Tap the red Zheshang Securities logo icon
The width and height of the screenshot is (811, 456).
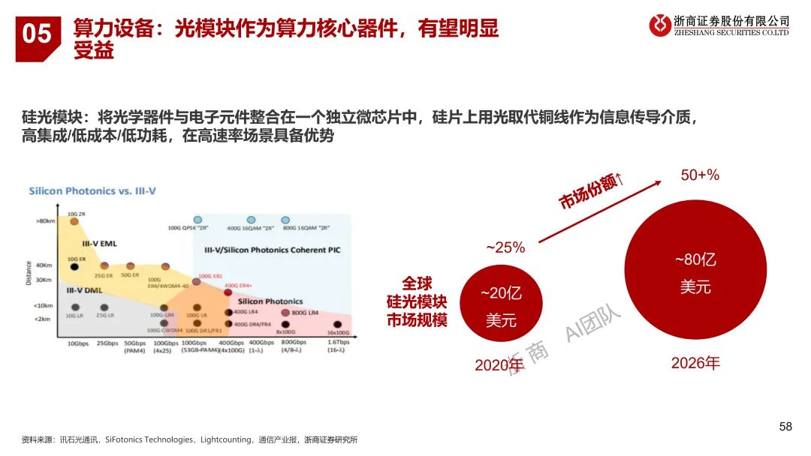[x=660, y=25]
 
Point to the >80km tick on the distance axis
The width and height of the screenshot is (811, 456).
[x=44, y=222]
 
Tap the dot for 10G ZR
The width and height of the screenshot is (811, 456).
[x=74, y=222]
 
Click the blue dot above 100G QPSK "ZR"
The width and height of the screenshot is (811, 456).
[x=197, y=219]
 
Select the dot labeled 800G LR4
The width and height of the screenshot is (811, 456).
[x=285, y=312]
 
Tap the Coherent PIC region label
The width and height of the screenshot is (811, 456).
[x=272, y=250]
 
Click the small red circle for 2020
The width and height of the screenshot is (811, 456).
[x=500, y=307]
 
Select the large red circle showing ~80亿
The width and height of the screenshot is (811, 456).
[x=695, y=273]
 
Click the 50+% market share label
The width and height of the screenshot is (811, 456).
[x=700, y=175]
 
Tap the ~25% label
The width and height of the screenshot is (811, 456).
[x=505, y=247]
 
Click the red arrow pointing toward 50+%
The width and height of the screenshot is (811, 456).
[x=601, y=211]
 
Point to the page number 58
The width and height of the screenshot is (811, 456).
[x=785, y=427]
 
